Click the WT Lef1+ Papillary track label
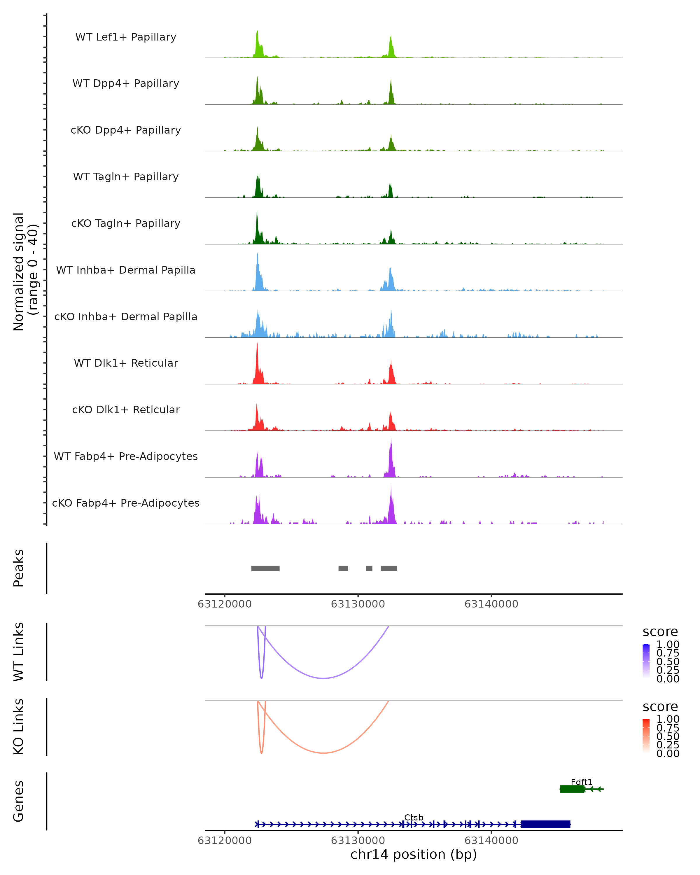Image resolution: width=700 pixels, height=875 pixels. [126, 37]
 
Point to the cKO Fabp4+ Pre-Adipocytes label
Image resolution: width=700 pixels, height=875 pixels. [126, 503]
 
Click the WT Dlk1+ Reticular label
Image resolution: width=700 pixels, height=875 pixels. [126, 363]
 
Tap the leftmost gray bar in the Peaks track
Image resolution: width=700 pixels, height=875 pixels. [265, 568]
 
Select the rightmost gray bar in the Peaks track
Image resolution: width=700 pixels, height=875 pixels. [389, 568]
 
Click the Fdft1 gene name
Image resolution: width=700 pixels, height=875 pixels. [582, 782]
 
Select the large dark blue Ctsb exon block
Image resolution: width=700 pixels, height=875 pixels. [546, 824]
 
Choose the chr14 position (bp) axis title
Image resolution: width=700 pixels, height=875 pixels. [414, 854]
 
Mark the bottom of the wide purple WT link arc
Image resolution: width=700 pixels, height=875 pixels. [323, 678]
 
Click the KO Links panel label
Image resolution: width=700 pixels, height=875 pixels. [19, 727]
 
